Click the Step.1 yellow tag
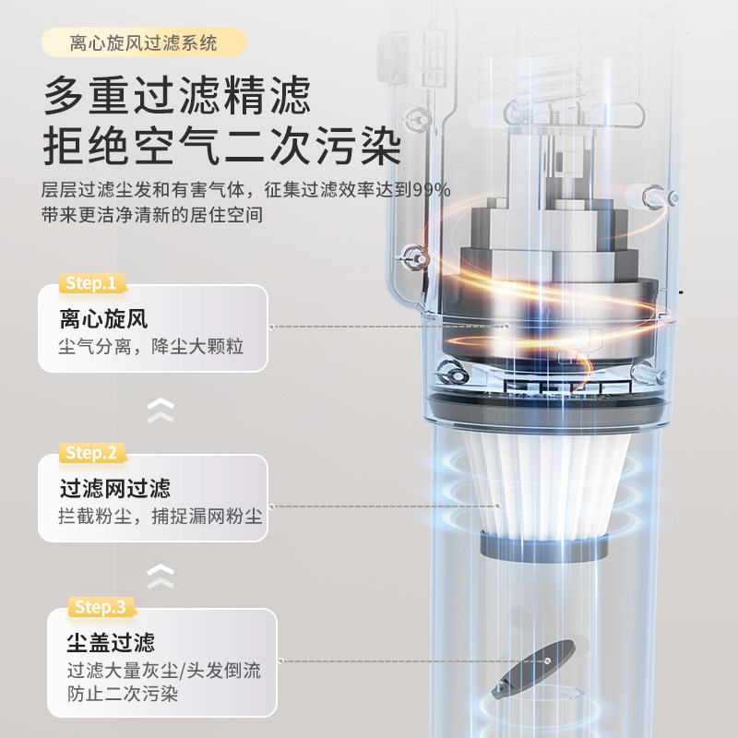pos(91,283)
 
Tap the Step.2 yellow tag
pos(91,453)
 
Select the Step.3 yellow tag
pos(100,607)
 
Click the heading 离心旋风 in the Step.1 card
pos(103,320)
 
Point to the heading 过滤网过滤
pos(115,488)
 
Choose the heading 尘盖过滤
pos(110,642)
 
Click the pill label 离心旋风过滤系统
pos(144,42)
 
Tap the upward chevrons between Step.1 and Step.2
pos(161,410)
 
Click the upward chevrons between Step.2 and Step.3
pos(161,576)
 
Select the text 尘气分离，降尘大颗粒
pos(150,350)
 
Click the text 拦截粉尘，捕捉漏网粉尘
pos(161,518)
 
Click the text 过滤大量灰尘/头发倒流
pos(163,671)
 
